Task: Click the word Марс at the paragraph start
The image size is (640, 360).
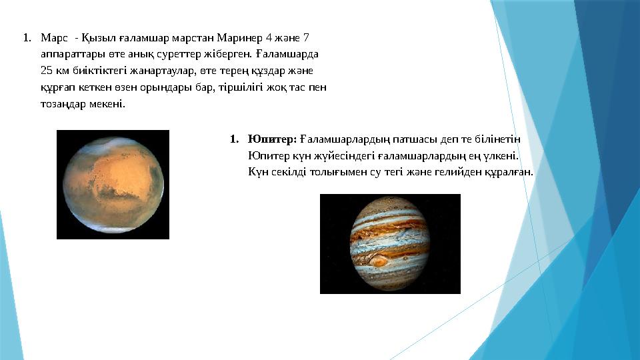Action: (x=54, y=39)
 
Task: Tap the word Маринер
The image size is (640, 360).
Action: (x=239, y=39)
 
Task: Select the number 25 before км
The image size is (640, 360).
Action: (x=47, y=71)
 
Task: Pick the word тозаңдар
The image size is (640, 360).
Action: (x=63, y=104)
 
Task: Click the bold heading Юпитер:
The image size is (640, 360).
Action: (x=272, y=139)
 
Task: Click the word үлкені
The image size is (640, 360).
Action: (x=501, y=156)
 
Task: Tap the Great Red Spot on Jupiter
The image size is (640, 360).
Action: (x=379, y=261)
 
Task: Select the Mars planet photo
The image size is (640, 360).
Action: (x=113, y=185)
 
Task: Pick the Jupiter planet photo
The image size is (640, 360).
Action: (x=390, y=244)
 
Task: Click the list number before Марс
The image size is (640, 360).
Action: (x=27, y=39)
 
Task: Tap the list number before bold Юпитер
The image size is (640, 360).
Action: (x=234, y=139)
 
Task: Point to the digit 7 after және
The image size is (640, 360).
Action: (x=306, y=39)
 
